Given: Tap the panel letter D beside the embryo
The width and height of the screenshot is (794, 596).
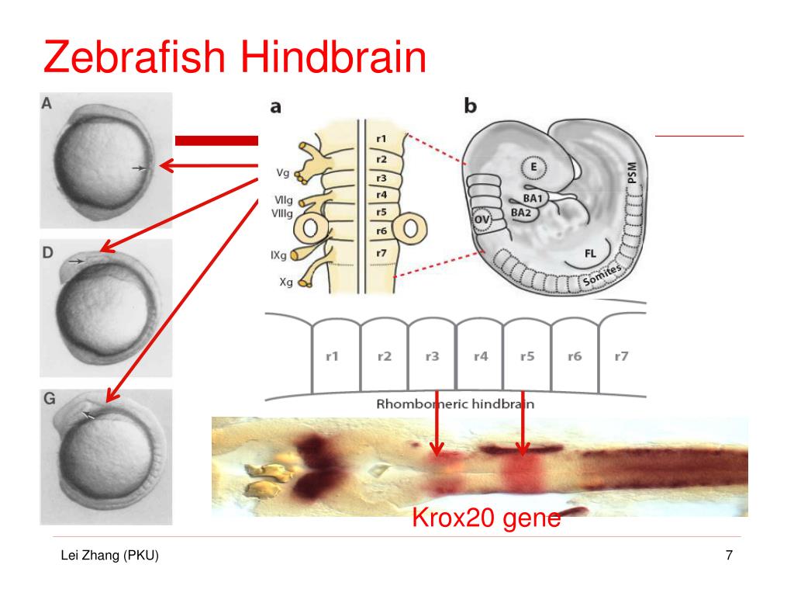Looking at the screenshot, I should (48, 252).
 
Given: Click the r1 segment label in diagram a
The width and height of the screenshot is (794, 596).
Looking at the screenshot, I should (380, 140).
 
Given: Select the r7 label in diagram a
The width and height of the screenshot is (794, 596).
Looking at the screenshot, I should (380, 253).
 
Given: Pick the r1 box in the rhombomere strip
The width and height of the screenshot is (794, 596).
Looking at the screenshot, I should (335, 358).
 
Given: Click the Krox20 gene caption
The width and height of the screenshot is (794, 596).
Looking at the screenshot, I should (485, 516).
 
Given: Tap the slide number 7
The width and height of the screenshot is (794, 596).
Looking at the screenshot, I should (728, 556).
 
